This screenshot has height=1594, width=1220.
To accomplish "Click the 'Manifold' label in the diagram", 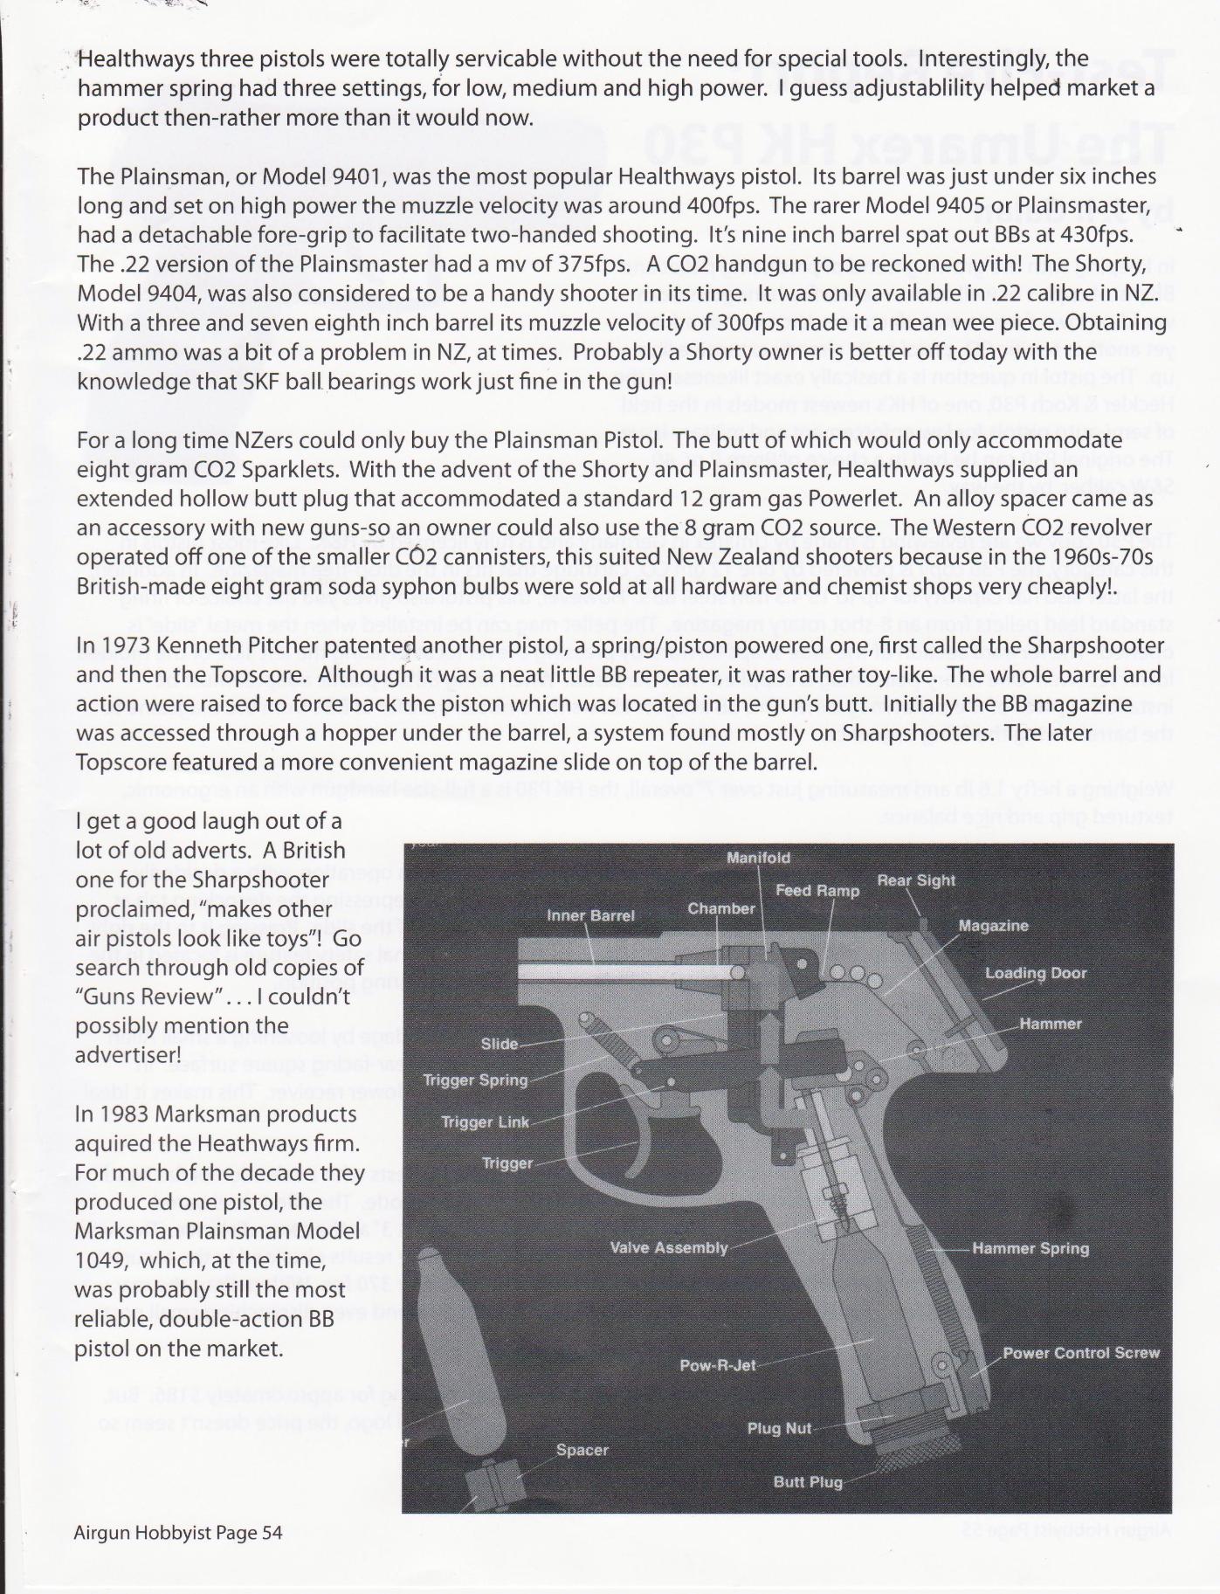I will coord(758,858).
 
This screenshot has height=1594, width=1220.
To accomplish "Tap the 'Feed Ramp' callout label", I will coord(817,891).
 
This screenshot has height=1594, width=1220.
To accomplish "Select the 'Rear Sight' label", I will coord(916,880).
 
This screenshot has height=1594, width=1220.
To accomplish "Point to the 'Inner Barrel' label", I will coord(590,915).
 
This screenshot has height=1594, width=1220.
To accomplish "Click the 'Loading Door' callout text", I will coord(1036,973).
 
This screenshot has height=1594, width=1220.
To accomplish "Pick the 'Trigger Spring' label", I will coord(475,1080).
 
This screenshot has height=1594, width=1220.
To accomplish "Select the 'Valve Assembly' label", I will coord(668,1247).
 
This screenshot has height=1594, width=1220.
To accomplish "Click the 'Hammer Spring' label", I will coord(1030,1249).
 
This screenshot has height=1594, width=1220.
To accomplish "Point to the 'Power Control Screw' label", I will coord(1080,1353).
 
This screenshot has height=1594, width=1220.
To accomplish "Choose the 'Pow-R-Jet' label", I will coord(717,1364).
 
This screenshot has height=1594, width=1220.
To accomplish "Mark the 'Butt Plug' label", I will coord(808,1482).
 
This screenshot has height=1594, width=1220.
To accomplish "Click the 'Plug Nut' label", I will coord(779,1429).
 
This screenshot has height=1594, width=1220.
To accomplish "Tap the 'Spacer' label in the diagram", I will coord(582,1450).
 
